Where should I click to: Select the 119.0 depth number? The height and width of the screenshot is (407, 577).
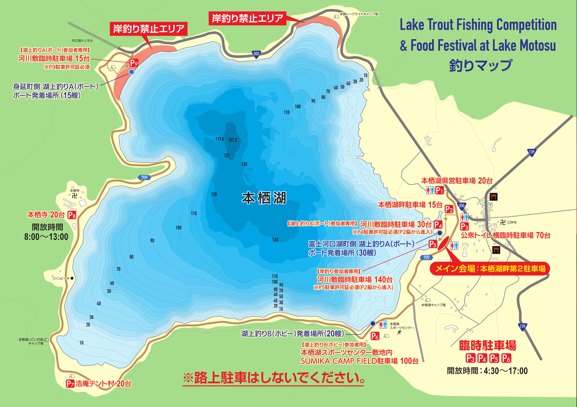tap(220, 139)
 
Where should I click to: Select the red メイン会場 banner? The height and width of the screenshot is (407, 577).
tap(490, 269)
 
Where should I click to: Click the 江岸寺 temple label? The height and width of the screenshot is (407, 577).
tap(512, 222)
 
